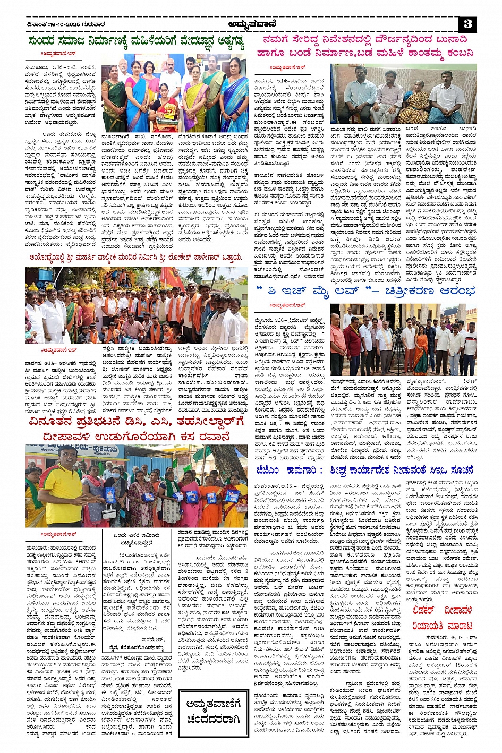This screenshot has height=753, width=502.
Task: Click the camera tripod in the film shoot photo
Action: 397,350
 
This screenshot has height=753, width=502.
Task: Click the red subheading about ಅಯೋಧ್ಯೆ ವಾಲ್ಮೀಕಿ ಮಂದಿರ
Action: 135,258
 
